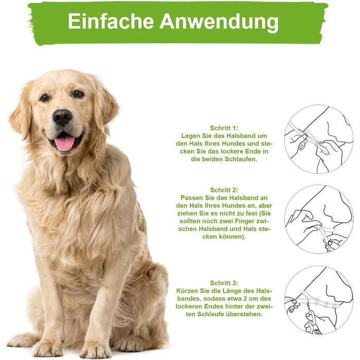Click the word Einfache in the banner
(111, 21)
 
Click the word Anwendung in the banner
(219, 22)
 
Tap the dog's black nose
(62, 117)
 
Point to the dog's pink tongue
(65, 142)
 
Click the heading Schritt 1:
(224, 128)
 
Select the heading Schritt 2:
(224, 190)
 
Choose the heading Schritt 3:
(224, 283)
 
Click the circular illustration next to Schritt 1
(319, 139)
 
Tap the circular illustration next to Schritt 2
(319, 219)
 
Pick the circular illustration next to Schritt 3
(319, 300)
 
